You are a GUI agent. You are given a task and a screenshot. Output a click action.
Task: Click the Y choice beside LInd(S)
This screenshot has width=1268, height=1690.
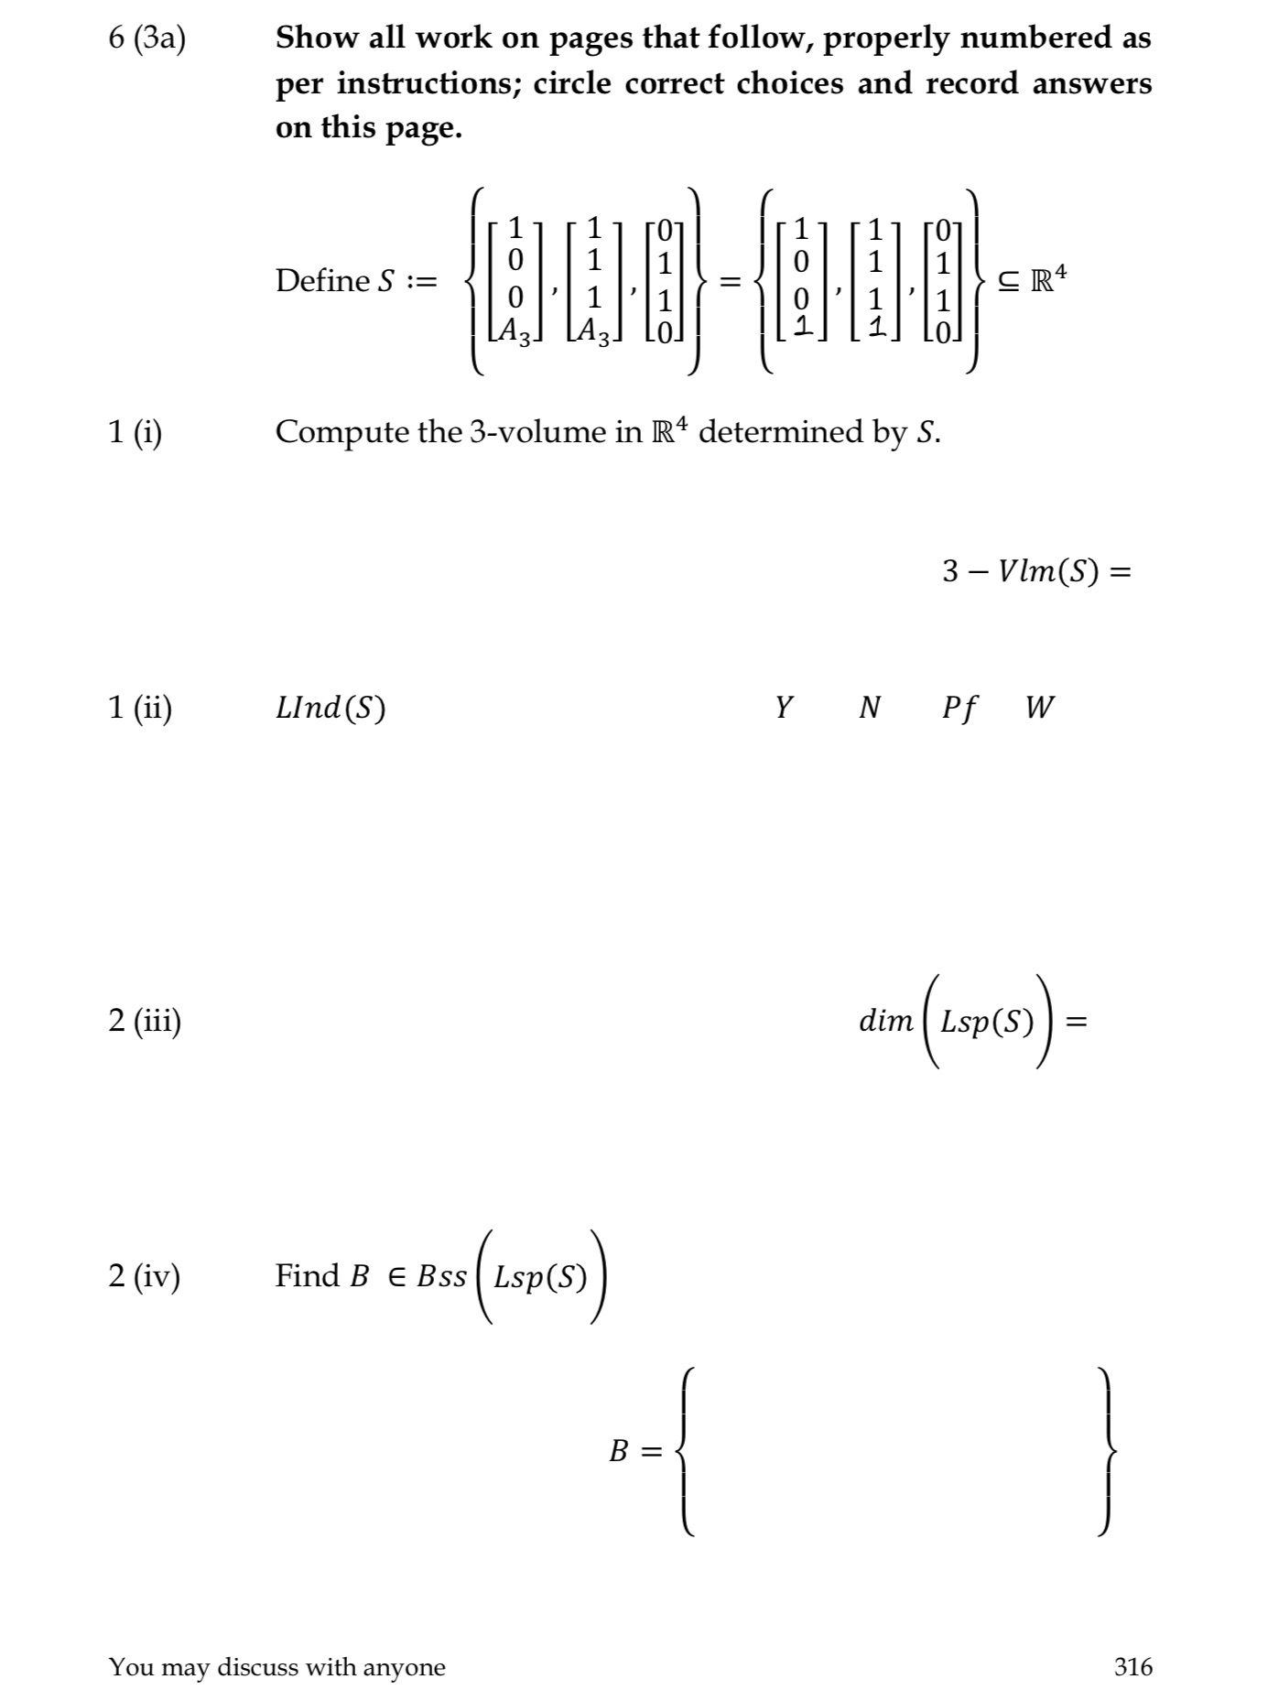(784, 707)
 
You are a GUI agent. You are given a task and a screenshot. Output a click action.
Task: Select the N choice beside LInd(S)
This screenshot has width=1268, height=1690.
(870, 707)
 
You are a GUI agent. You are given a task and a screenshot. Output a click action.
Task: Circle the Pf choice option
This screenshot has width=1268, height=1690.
(959, 708)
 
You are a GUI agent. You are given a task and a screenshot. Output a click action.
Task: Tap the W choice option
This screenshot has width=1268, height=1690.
(1039, 707)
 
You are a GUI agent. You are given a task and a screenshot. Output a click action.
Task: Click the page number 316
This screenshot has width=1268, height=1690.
(1133, 1666)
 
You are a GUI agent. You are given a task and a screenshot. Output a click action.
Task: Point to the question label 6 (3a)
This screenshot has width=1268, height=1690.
(146, 39)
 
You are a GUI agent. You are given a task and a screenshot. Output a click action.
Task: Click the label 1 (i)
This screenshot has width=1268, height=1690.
(135, 431)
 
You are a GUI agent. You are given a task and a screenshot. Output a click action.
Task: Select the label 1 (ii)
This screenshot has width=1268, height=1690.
(140, 707)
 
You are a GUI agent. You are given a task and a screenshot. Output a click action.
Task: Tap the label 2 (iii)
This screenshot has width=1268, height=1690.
(145, 1019)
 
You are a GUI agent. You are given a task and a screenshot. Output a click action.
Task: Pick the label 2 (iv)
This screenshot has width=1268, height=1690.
(145, 1275)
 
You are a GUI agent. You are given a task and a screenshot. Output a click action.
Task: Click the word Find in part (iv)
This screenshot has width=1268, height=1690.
(306, 1275)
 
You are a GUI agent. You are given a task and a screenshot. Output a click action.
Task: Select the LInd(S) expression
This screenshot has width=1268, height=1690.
(331, 708)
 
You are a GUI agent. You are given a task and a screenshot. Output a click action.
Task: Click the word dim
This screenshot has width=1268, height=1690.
(885, 1021)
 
